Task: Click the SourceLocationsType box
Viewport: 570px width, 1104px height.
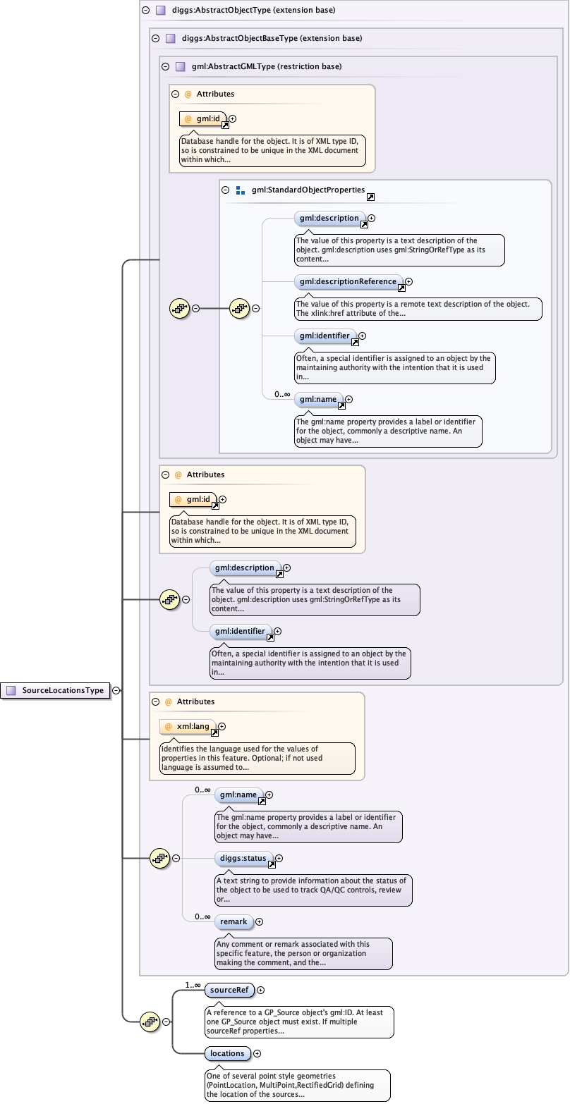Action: (56, 691)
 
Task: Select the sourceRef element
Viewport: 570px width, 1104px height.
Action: (229, 990)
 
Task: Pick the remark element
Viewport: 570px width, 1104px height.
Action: (234, 921)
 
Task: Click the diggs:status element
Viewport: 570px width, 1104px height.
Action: (243, 858)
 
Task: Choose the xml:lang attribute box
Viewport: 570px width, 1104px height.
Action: (189, 726)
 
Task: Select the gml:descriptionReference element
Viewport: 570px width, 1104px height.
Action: (348, 282)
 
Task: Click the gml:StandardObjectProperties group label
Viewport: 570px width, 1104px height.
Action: (308, 190)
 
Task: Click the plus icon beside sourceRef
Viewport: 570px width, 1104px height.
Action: (260, 990)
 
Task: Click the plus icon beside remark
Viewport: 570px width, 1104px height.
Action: (259, 921)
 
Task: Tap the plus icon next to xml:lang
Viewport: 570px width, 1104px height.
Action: (222, 726)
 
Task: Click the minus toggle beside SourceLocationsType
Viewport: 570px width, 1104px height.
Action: (116, 691)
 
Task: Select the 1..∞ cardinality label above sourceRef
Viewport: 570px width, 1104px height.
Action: (193, 985)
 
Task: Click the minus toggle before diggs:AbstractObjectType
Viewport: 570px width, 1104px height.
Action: (145, 11)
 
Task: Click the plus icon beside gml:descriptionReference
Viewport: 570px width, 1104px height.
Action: (408, 282)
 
